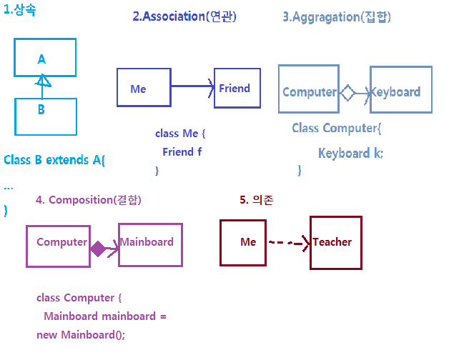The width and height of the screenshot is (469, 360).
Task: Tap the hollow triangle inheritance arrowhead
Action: (43, 81)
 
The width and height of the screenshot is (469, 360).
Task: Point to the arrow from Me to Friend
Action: (192, 86)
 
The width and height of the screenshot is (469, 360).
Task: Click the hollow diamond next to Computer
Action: (347, 93)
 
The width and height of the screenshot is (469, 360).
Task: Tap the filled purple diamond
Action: (98, 249)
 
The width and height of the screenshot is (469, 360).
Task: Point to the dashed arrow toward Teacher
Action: (290, 243)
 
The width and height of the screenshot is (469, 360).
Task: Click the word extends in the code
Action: (67, 160)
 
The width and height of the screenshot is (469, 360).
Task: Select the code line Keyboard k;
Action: (350, 154)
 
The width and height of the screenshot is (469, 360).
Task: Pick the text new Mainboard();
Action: (81, 335)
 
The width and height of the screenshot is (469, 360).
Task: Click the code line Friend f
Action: (182, 152)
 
